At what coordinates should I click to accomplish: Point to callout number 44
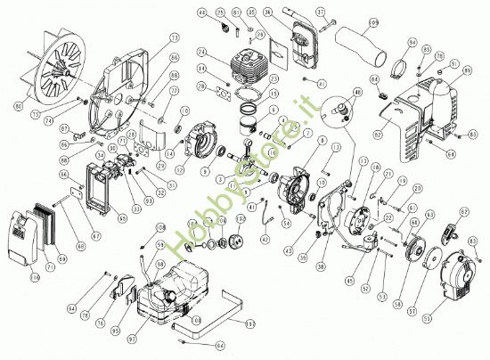click(202, 12)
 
